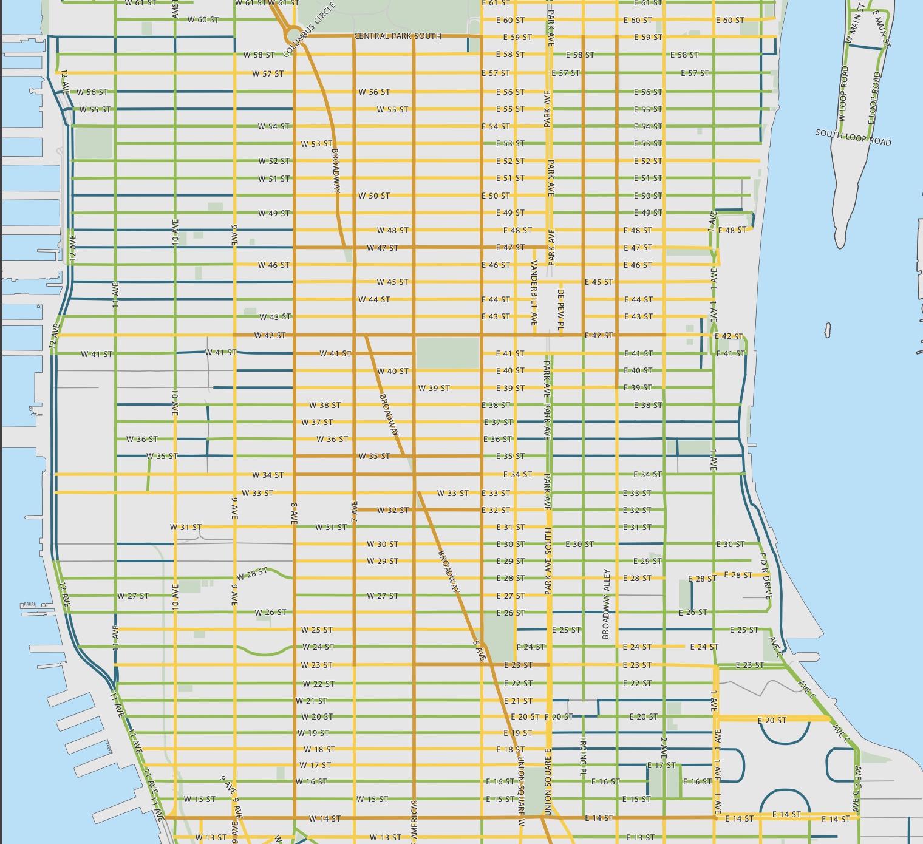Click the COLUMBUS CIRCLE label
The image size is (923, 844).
coord(310,29)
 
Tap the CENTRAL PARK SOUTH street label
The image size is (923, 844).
coord(398,36)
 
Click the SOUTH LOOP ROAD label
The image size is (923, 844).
coord(853,137)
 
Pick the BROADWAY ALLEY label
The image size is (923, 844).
coord(606,604)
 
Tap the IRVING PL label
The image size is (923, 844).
coord(584,756)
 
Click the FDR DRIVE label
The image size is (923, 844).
coord(766,576)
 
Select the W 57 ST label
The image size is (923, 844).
coord(268,74)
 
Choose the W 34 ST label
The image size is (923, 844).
coord(268,475)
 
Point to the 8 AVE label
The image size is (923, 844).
coord(294,514)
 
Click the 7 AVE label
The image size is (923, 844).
coord(355,511)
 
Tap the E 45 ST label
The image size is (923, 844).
coord(599,282)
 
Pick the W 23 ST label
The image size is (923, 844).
coord(316,665)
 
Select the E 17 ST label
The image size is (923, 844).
coord(661,766)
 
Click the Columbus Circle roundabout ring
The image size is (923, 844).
coord(292,33)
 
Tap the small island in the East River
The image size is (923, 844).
coord(827,330)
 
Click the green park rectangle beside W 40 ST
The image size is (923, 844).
coord(448,353)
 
